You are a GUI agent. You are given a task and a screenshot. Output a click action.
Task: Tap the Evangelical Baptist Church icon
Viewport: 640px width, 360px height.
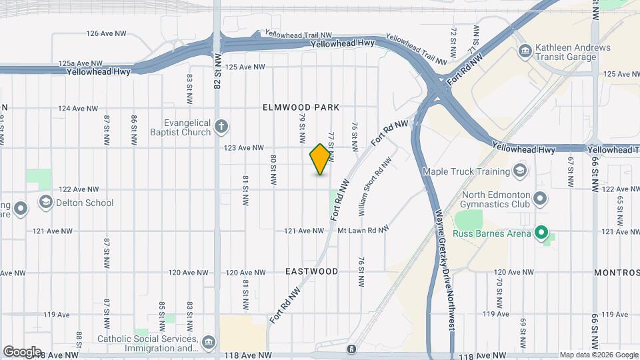(x=221, y=126)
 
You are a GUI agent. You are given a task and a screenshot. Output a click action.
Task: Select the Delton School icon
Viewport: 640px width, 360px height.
(x=45, y=202)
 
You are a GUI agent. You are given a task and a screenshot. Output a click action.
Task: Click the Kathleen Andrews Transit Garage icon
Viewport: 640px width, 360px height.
(x=525, y=51)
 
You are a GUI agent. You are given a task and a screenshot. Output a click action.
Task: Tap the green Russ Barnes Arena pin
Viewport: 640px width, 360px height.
(x=542, y=233)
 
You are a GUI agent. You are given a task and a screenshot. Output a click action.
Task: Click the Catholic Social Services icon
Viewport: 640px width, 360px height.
(x=209, y=342)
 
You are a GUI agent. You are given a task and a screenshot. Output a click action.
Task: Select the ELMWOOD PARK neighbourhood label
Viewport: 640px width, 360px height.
(x=301, y=107)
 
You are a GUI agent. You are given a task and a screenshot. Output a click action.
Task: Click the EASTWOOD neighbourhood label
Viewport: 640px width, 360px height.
(x=311, y=272)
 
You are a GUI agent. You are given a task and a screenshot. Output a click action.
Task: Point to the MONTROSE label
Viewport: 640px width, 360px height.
(x=617, y=273)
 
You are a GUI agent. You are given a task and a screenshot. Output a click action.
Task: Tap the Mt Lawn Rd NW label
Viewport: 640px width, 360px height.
(x=363, y=231)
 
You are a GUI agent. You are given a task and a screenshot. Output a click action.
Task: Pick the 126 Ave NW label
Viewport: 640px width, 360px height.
(x=107, y=33)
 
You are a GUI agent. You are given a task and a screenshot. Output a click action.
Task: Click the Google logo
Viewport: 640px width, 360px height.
(x=22, y=351)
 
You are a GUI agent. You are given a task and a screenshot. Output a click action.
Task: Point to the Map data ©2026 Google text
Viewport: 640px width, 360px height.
(x=598, y=355)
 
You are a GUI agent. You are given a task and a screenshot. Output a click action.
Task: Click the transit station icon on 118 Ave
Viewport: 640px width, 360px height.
(x=351, y=349)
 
